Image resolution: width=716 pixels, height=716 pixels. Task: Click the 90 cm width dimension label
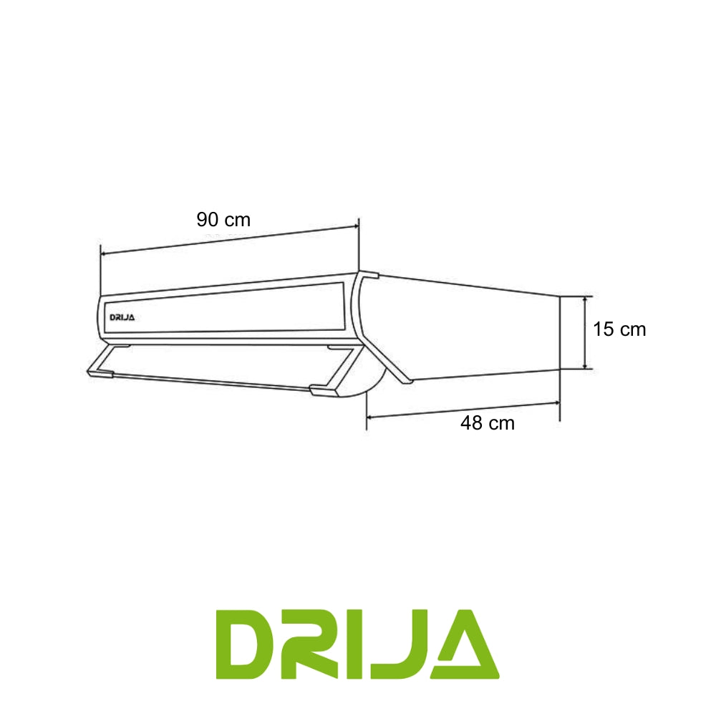(223, 220)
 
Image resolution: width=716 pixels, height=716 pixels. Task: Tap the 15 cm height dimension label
(619, 329)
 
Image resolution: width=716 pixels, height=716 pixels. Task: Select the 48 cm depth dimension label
(487, 423)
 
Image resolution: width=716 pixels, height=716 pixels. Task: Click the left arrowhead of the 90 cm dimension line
(104, 253)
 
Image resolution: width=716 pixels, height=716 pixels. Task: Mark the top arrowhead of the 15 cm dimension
(586, 299)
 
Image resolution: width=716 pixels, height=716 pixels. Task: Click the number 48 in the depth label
(471, 423)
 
